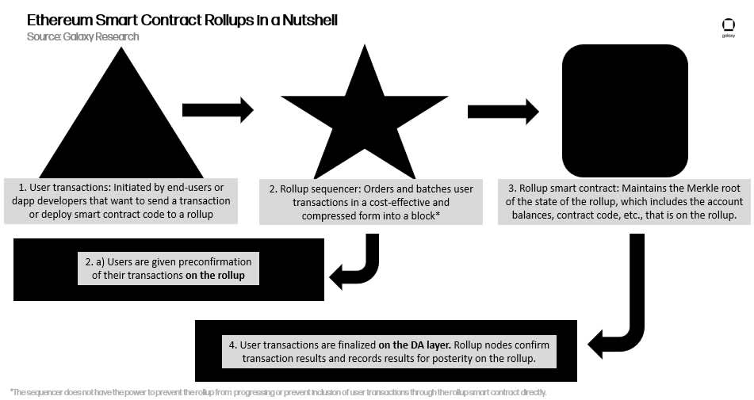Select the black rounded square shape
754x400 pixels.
pyautogui.click(x=625, y=111)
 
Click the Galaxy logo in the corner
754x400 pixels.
pyautogui.click(x=728, y=28)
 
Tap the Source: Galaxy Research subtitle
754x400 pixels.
pyautogui.click(x=82, y=36)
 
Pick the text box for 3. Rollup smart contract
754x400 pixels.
pyautogui.click(x=624, y=200)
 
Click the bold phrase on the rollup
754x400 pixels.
pyautogui.click(x=226, y=276)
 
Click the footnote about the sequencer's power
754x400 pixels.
pyautogui.click(x=278, y=392)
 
